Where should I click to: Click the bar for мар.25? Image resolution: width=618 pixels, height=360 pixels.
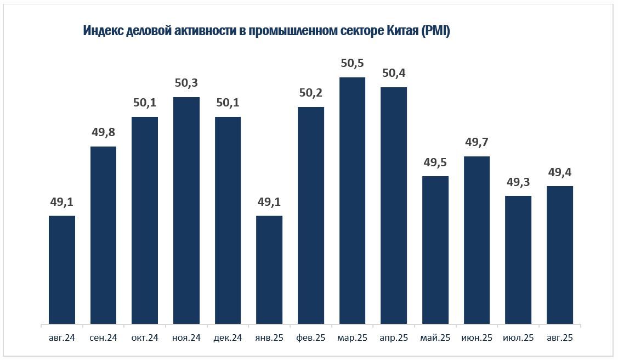pyautogui.click(x=352, y=200)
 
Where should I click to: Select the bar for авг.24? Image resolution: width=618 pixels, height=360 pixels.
pyautogui.click(x=62, y=269)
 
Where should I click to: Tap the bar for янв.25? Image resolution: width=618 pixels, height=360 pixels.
pyautogui.click(x=269, y=269)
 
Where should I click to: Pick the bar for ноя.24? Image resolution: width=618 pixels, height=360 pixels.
pyautogui.click(x=186, y=210)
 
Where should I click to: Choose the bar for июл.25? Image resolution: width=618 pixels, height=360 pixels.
pyautogui.click(x=518, y=260)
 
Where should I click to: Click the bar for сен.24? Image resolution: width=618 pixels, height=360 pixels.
pyautogui.click(x=103, y=235)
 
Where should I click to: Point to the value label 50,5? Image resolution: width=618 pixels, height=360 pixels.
pyautogui.click(x=352, y=63)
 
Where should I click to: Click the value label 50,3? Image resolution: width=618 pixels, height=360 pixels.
pyautogui.click(x=186, y=83)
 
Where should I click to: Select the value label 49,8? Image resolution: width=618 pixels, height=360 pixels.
pyautogui.click(x=103, y=132)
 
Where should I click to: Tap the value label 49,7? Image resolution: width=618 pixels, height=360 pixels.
pyautogui.click(x=477, y=142)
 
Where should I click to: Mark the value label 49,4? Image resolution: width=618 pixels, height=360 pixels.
pyautogui.click(x=560, y=172)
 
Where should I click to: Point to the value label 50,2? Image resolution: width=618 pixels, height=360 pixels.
pyautogui.click(x=311, y=93)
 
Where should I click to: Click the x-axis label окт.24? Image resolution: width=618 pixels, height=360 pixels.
pyautogui.click(x=145, y=338)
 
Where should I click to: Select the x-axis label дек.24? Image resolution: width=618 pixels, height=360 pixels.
pyautogui.click(x=228, y=338)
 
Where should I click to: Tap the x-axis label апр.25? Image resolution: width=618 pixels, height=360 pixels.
pyautogui.click(x=394, y=338)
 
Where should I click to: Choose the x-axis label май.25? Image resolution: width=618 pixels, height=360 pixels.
pyautogui.click(x=435, y=338)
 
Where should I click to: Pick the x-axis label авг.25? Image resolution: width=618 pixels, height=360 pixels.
pyautogui.click(x=560, y=338)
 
